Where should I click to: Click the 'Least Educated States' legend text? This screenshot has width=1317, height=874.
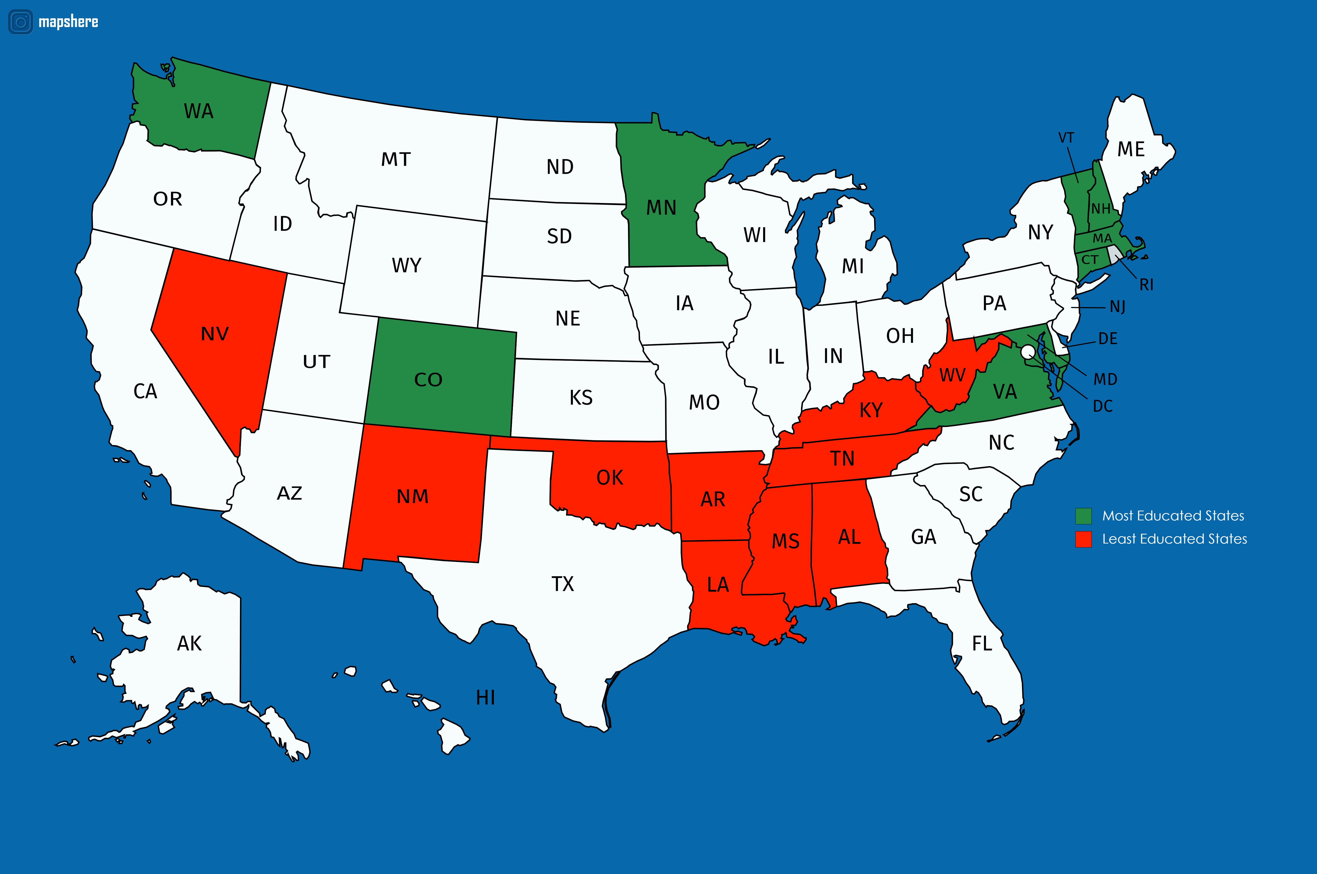pyautogui.click(x=1174, y=539)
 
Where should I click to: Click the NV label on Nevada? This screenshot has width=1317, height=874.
pyautogui.click(x=215, y=334)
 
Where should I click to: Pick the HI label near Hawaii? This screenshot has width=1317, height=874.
pyautogui.click(x=485, y=697)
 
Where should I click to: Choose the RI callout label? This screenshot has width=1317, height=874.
pyautogui.click(x=1146, y=285)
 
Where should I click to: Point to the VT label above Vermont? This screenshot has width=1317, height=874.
pyautogui.click(x=1066, y=138)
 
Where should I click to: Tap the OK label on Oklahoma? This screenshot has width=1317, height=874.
pyautogui.click(x=610, y=478)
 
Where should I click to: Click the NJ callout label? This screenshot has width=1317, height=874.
pyautogui.click(x=1117, y=307)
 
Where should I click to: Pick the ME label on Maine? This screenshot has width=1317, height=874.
pyautogui.click(x=1131, y=149)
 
